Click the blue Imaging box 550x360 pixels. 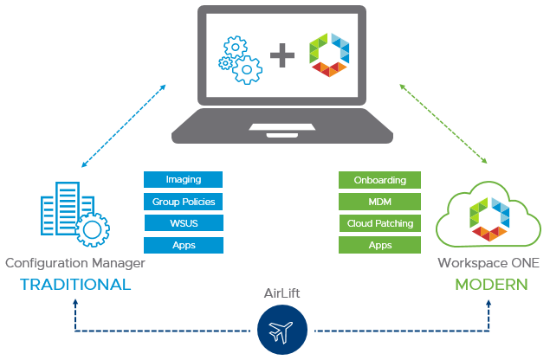point(183,179)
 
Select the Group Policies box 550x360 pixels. point(183,202)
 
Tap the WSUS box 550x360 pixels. point(183,223)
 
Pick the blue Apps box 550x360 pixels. point(183,245)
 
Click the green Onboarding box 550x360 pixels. point(379,179)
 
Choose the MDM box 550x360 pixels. point(379,202)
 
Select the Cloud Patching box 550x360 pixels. point(379,223)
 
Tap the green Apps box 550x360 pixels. point(379,245)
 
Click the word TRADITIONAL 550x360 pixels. point(75,285)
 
